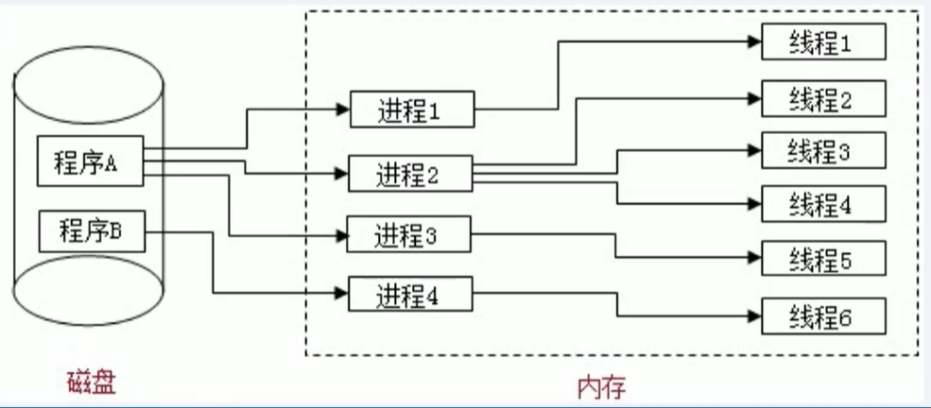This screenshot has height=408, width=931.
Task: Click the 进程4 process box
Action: click(x=409, y=295)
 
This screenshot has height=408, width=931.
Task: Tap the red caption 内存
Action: click(x=601, y=385)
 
